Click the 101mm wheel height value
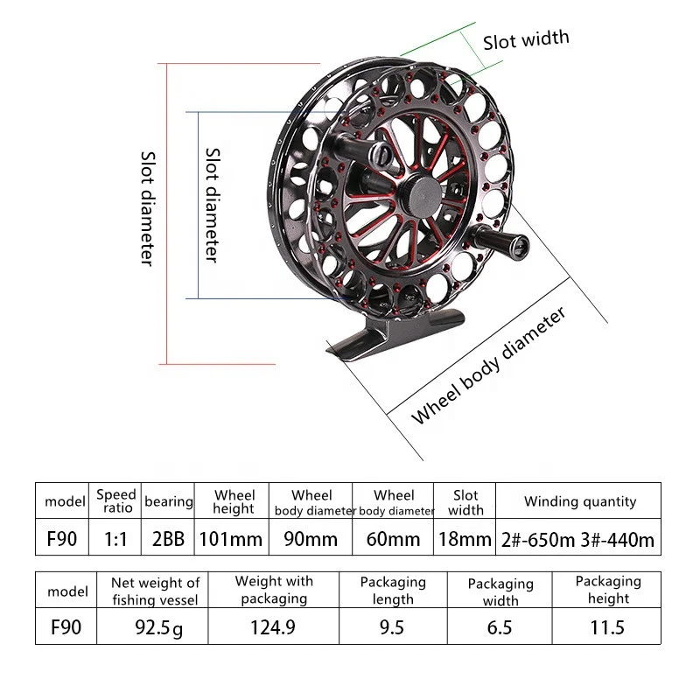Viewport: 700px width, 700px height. point(229,539)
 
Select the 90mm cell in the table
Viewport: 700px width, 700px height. point(311,539)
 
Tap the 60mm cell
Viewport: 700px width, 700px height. point(394,539)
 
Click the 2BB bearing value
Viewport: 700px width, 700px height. point(168,539)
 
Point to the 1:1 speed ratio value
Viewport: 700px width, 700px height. point(115,539)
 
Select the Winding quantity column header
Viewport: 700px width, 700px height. point(579,501)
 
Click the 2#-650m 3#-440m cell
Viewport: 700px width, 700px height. point(579,539)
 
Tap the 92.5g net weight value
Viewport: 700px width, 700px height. point(155,627)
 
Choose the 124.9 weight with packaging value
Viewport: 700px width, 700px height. point(273,627)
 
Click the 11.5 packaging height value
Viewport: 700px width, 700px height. point(607,627)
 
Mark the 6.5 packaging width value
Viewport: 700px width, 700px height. point(500,627)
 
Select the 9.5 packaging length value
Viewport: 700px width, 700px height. point(393,627)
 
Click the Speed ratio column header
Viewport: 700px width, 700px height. point(115,501)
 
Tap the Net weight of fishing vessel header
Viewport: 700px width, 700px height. point(155,591)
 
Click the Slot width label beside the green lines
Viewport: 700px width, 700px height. point(526,39)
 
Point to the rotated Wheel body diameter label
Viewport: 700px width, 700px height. point(490,365)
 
